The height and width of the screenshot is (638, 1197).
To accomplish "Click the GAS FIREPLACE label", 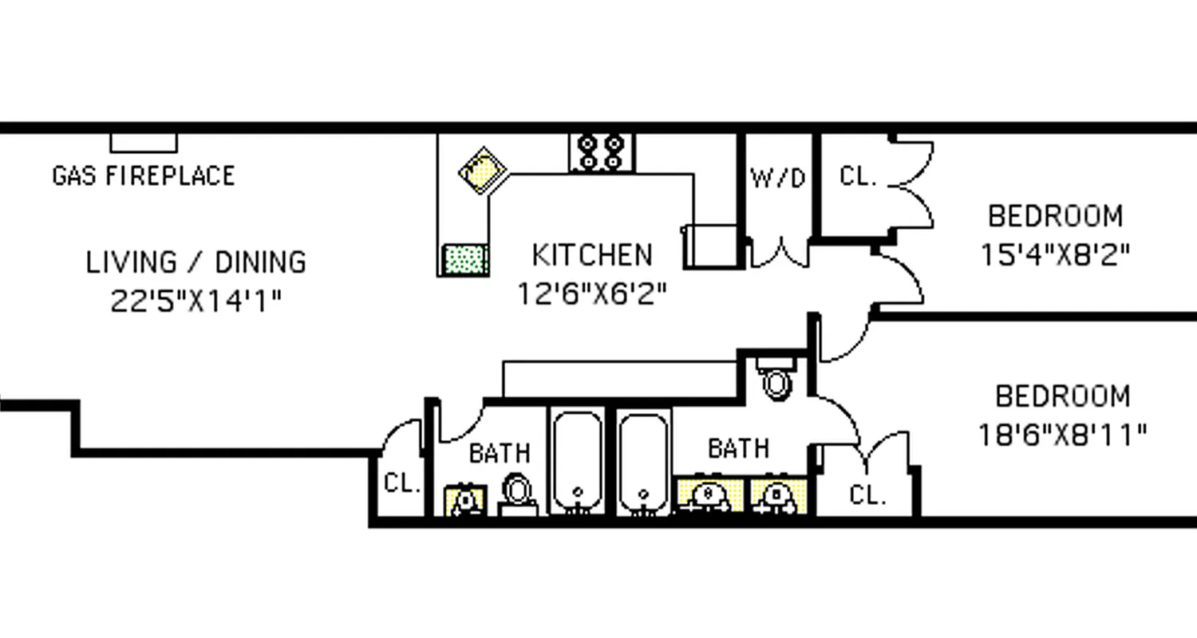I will tap(144, 175).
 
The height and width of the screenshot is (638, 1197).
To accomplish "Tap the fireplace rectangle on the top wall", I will tap(144, 143).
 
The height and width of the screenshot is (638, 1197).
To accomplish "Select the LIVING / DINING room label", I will tap(196, 262).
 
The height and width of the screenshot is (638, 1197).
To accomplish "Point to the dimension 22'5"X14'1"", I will tap(196, 301).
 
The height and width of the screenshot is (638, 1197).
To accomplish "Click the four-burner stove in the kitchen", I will tap(602, 152).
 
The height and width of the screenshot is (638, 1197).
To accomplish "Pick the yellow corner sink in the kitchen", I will tap(484, 170).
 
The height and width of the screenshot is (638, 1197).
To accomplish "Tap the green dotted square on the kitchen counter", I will tap(465, 259).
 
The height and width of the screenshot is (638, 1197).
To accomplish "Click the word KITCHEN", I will tap(592, 255).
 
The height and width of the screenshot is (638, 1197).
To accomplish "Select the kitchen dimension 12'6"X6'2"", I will tap(592, 294).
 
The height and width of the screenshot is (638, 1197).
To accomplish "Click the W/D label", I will tap(778, 179).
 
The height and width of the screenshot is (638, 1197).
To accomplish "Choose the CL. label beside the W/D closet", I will tap(858, 177).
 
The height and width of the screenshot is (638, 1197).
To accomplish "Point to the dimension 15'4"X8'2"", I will tap(1055, 254).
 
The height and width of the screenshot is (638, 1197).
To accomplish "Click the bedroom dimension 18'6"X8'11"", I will tap(1062, 435).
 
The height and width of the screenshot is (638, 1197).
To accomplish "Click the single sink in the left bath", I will tap(465, 500).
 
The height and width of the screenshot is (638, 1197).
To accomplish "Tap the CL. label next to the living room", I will tap(402, 483).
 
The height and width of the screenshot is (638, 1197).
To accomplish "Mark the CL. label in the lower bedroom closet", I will tap(867, 495).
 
